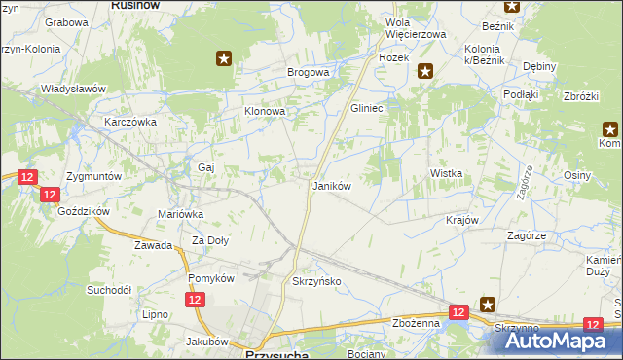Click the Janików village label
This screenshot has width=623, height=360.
pos(330,185)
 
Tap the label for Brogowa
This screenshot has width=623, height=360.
pos(308,72)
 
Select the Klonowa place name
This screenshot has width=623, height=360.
pos(264,112)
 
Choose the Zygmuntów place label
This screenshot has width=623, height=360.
pos(93,177)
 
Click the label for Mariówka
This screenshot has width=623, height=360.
pos(180,214)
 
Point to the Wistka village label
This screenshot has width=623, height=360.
pos(446,173)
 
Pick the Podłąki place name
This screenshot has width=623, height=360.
pos(521,94)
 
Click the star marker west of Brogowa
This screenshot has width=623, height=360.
pos(224,59)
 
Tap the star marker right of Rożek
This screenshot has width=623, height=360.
pos(425,69)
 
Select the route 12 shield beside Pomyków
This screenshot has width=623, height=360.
pos(196,302)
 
